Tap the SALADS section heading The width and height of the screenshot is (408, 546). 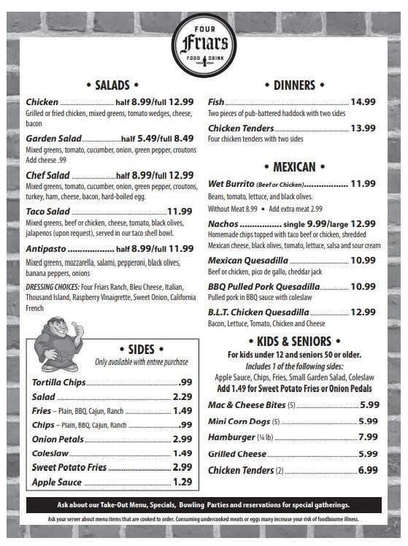point(112,85)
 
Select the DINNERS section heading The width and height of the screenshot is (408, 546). point(294,85)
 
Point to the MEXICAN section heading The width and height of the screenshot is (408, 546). point(294,166)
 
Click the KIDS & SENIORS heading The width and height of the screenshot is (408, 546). point(294,341)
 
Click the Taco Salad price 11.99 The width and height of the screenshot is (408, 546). point(180,212)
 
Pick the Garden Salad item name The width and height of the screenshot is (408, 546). point(53,138)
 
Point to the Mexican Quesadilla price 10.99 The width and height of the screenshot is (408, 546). point(363,260)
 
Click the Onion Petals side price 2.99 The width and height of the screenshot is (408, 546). point(182,439)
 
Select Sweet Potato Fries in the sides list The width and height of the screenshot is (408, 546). point(69,467)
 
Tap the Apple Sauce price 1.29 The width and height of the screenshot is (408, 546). point(182,482)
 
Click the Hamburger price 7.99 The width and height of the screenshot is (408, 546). point(368,437)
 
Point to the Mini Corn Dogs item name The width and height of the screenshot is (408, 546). point(239,421)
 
